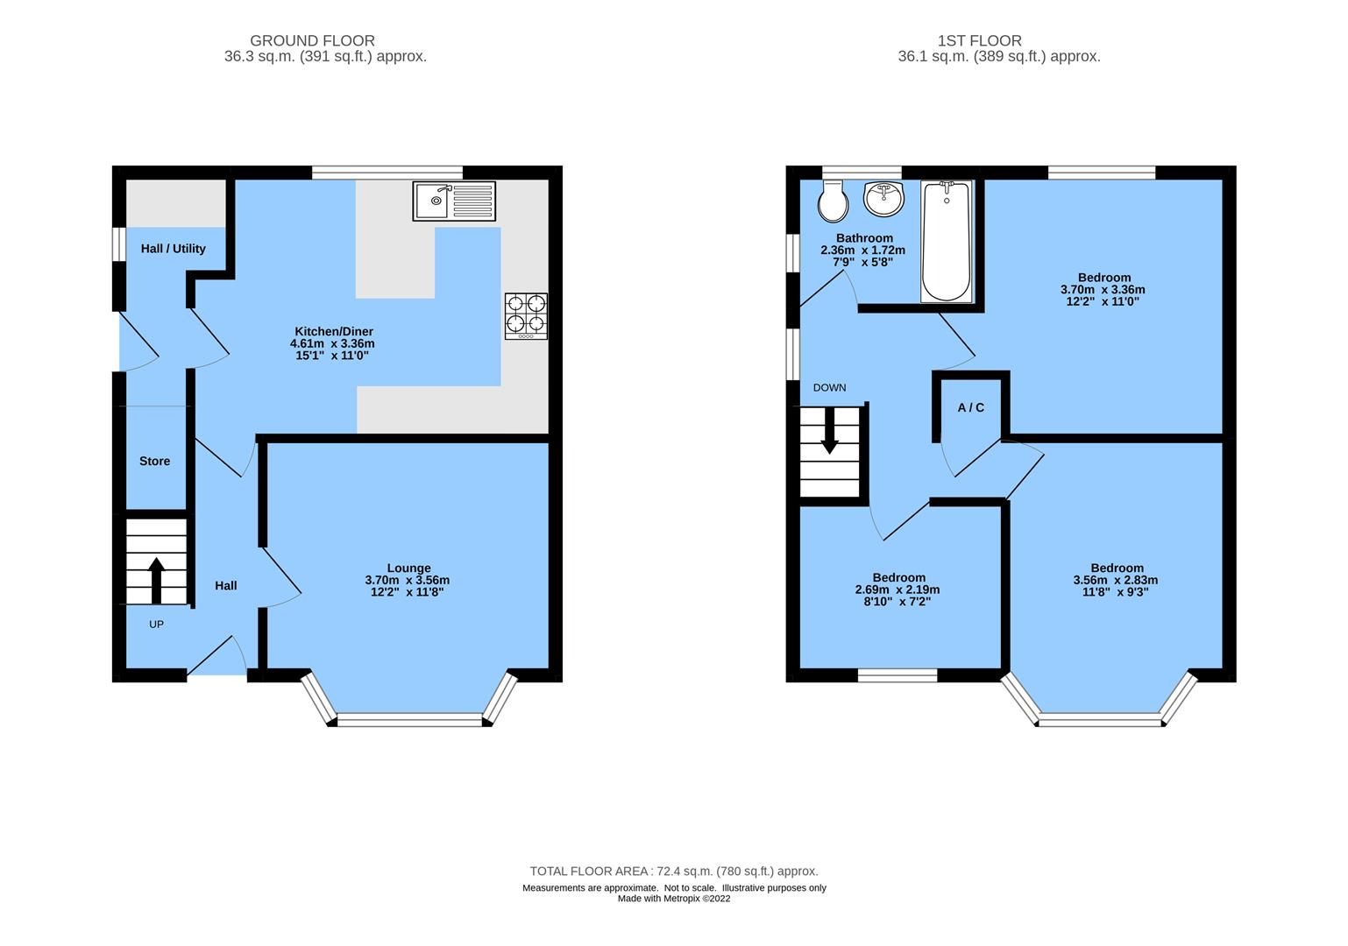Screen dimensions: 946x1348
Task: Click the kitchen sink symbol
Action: pyautogui.click(x=454, y=201)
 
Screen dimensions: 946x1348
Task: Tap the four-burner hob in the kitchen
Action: pyautogui.click(x=526, y=316)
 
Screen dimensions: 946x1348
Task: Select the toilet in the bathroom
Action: pyautogui.click(x=833, y=201)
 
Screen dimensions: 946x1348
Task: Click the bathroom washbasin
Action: pyautogui.click(x=883, y=199)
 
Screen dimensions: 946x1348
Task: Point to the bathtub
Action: pyautogui.click(x=946, y=241)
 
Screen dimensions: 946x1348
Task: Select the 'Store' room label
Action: pyautogui.click(x=155, y=461)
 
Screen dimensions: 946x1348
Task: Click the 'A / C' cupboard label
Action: pyautogui.click(x=970, y=407)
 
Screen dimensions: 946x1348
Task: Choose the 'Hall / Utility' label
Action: pyautogui.click(x=174, y=249)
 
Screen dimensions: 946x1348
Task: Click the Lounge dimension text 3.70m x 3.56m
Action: pyautogui.click(x=408, y=580)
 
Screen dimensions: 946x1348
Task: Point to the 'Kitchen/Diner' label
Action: pyautogui.click(x=333, y=331)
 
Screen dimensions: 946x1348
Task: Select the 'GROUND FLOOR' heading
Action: pyautogui.click(x=312, y=40)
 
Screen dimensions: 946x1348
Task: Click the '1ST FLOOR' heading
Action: pyautogui.click(x=979, y=40)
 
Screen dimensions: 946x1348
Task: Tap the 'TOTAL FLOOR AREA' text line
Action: pyautogui.click(x=673, y=871)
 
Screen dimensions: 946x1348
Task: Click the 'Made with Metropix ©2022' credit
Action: pyautogui.click(x=673, y=898)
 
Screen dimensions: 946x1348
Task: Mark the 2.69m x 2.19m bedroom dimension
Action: pyautogui.click(x=897, y=589)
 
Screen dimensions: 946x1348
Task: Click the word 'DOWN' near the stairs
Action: pyautogui.click(x=829, y=387)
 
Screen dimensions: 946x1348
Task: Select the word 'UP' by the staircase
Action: pyautogui.click(x=156, y=625)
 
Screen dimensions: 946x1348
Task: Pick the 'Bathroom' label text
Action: pyautogui.click(x=864, y=238)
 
